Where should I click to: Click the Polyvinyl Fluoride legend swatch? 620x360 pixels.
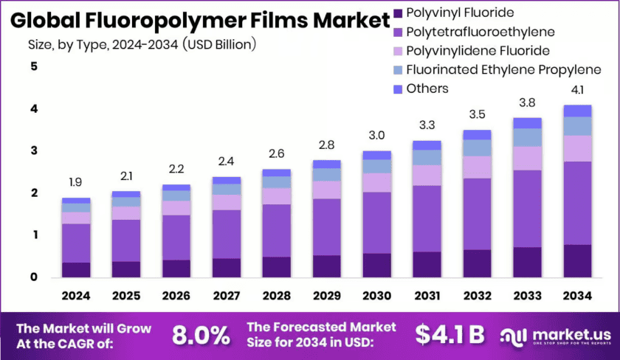[399, 13]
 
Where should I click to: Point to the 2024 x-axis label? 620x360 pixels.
[76, 295]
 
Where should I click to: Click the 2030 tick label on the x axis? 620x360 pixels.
[376, 295]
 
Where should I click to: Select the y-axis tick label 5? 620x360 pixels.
[33, 67]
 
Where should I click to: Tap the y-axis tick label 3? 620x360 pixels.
[33, 151]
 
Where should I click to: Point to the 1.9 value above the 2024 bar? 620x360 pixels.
[76, 181]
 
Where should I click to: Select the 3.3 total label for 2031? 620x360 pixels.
[427, 124]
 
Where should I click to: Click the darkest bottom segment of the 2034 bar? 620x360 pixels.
[577, 260]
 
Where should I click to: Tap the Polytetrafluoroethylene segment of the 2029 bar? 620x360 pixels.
[326, 226]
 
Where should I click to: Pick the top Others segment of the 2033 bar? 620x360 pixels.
[527, 123]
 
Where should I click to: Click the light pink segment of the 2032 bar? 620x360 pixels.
[477, 167]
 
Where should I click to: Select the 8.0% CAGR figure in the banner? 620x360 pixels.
[200, 336]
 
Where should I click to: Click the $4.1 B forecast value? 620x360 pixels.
[449, 335]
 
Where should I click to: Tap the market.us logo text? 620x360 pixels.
[559, 333]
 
